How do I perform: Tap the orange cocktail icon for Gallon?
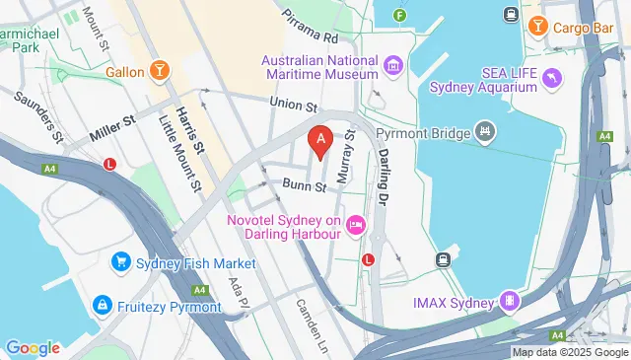click(x=160, y=71)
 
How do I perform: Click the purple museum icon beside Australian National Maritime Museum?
click(x=393, y=66)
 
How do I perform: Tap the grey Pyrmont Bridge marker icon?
click(x=484, y=130)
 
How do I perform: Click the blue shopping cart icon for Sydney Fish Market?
click(x=121, y=261)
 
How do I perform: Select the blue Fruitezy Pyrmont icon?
click(x=102, y=306)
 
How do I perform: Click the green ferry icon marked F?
click(x=399, y=16)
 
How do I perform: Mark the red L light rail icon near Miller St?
click(x=110, y=164)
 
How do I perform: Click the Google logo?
click(x=33, y=347)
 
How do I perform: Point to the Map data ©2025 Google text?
click(x=569, y=352)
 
